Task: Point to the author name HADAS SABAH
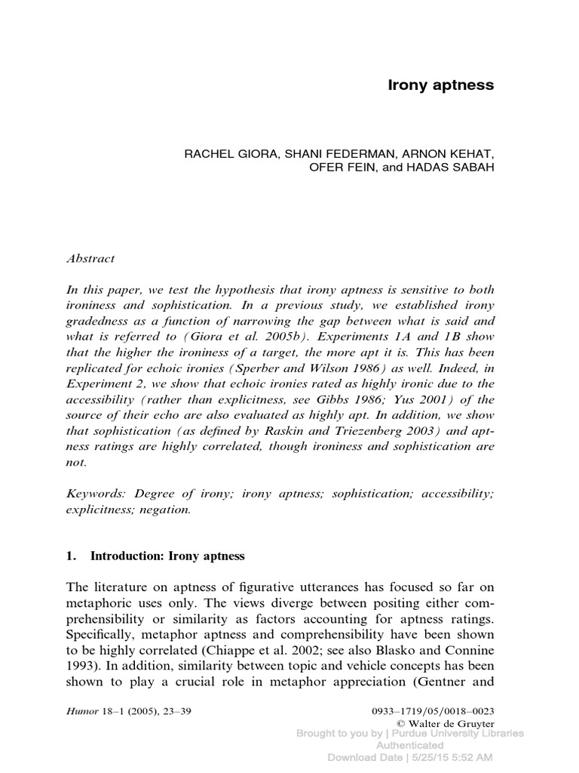coord(455,168)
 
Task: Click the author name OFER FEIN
coord(337,168)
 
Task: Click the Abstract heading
coord(90,259)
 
